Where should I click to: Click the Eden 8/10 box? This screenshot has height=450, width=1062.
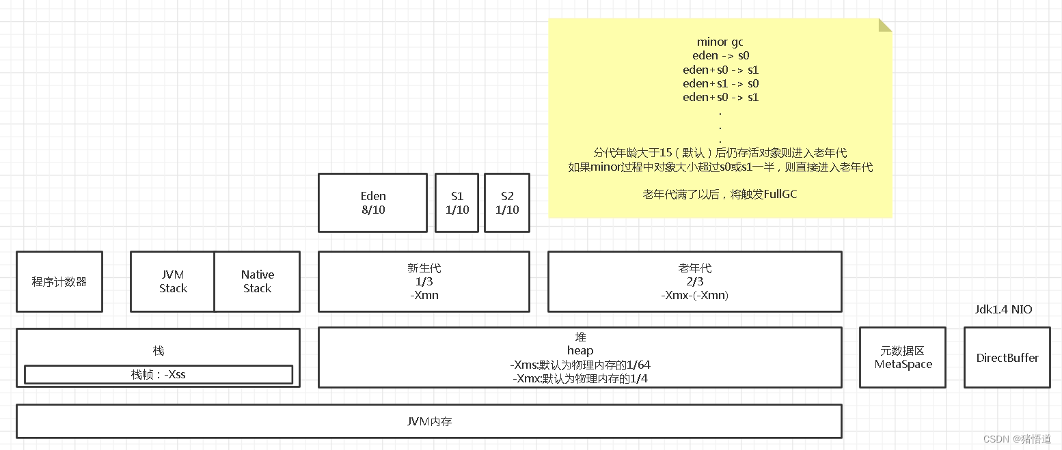click(x=372, y=203)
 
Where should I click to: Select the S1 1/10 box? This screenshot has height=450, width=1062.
click(x=457, y=203)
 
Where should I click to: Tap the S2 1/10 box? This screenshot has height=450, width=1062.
click(x=507, y=203)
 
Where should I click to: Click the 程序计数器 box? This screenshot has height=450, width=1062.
click(x=59, y=281)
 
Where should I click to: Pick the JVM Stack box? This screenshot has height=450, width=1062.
click(x=173, y=281)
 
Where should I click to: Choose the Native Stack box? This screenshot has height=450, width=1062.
click(x=257, y=281)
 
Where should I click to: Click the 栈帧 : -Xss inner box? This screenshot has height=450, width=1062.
click(x=159, y=374)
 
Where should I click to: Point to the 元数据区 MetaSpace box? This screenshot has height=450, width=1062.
click(x=903, y=358)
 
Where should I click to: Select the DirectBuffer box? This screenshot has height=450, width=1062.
click(x=1007, y=358)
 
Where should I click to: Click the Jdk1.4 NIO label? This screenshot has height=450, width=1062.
click(x=1003, y=309)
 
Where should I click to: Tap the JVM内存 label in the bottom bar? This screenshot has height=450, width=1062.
click(x=429, y=421)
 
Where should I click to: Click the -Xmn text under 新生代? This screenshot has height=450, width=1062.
click(x=424, y=295)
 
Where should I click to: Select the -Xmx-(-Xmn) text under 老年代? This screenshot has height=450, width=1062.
click(x=695, y=295)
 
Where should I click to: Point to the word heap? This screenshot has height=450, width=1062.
click(x=580, y=350)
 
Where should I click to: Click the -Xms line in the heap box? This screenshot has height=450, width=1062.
click(x=580, y=365)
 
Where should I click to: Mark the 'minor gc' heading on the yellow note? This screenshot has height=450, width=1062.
click(x=720, y=42)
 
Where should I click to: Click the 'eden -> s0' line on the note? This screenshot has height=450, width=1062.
click(x=720, y=55)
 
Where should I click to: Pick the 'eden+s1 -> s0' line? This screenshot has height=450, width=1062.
click(x=720, y=83)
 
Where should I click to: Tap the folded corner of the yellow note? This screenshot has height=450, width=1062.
click(x=885, y=25)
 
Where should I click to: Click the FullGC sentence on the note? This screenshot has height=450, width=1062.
click(x=720, y=195)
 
